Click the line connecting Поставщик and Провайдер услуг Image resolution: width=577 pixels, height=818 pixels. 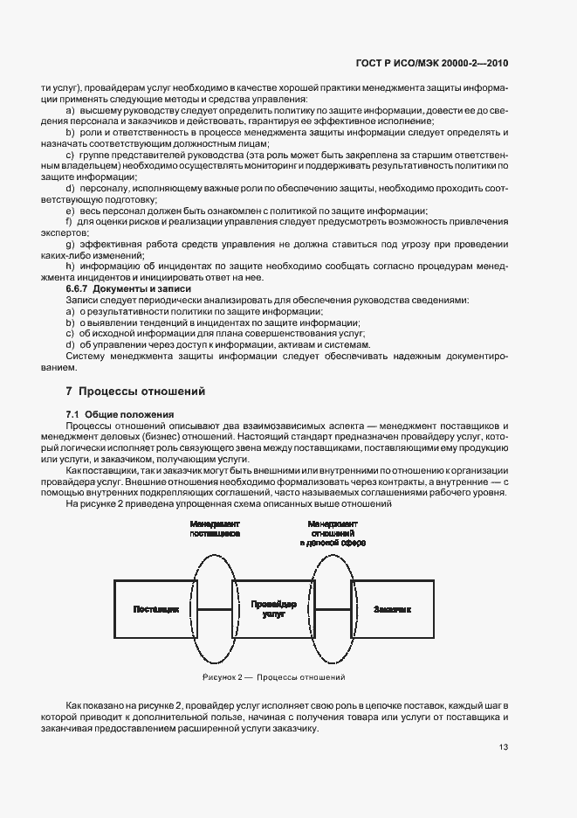coord(215,608)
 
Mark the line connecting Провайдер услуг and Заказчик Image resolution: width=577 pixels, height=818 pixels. coord(333,608)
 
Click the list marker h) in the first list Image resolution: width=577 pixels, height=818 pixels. coord(71,266)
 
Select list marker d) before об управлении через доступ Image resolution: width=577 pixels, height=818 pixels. coord(71,345)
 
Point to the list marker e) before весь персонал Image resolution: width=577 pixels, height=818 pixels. coord(71,210)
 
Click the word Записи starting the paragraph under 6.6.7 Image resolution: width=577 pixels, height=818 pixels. coord(82,300)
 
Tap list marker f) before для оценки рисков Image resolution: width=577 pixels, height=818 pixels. coord(70,221)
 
